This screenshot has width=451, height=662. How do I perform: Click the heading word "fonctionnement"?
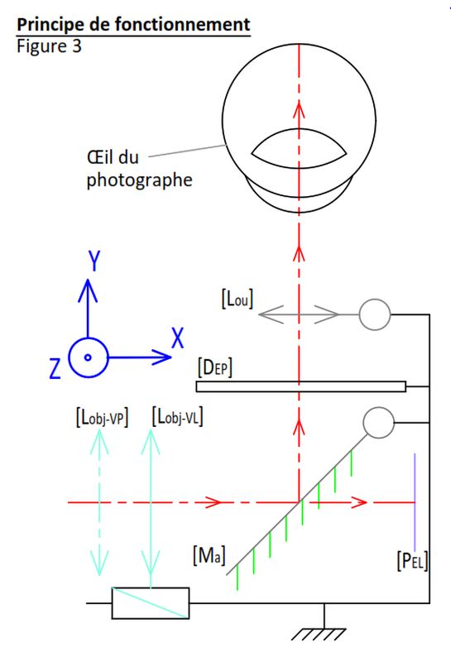click(182, 24)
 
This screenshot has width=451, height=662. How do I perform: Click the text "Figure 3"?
click(49, 46)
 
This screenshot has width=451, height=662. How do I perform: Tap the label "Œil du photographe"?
click(139, 169)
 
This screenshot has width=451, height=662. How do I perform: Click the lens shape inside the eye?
click(299, 148)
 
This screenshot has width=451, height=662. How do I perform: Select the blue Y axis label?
click(94, 261)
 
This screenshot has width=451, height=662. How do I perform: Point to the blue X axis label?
click(178, 338)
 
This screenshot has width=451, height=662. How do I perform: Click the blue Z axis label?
click(55, 368)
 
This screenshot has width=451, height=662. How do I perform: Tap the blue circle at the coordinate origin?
click(88, 357)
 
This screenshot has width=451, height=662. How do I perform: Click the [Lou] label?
click(237, 299)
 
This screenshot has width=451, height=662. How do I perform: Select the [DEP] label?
click(215, 367)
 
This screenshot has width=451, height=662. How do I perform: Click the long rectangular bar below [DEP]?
click(301, 386)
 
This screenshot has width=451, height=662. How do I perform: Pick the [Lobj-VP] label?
click(102, 418)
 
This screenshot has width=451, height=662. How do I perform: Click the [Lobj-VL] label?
click(177, 417)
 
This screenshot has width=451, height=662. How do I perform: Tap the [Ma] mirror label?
click(209, 555)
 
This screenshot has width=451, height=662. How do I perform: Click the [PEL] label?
click(413, 561)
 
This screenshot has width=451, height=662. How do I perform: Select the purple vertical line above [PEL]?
click(415, 502)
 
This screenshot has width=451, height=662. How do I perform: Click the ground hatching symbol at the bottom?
click(319, 634)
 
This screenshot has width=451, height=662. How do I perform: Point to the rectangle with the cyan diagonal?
click(151, 603)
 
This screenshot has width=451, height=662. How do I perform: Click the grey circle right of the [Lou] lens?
click(375, 314)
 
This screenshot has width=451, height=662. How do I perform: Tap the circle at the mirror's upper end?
click(378, 423)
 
